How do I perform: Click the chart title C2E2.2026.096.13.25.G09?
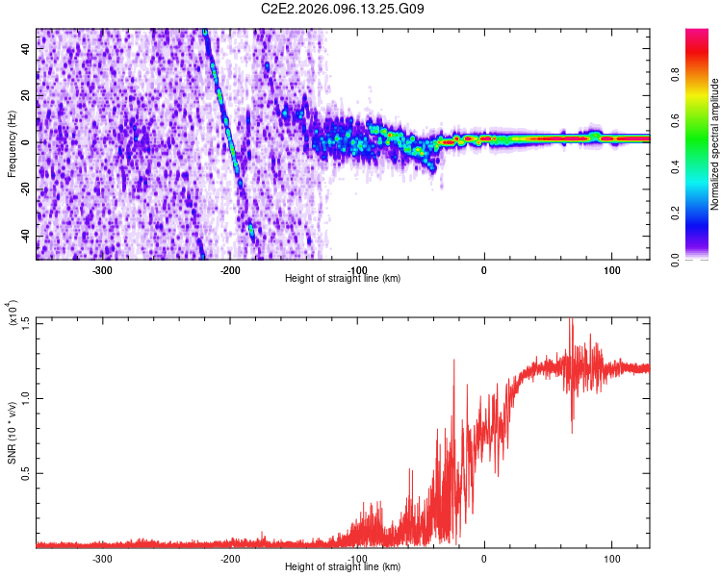344,9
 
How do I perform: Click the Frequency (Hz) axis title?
12,144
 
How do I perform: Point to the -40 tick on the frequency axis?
26,237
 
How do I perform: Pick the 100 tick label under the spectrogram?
610,269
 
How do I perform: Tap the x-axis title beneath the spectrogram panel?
344,278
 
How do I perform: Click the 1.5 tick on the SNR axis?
26,320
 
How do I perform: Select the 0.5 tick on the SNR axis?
26,472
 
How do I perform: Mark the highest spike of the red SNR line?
572,320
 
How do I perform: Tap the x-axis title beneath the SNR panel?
344,566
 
